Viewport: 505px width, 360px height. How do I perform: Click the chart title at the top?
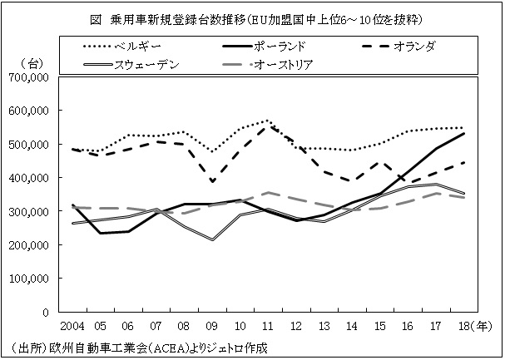click(x=253, y=16)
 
